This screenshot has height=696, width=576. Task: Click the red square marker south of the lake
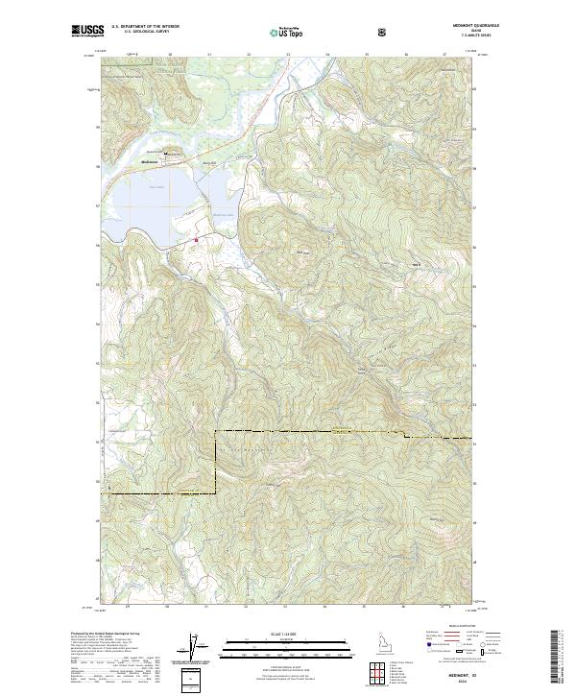coord(197,239)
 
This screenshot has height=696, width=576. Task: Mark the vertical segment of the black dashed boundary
coord(216,461)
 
